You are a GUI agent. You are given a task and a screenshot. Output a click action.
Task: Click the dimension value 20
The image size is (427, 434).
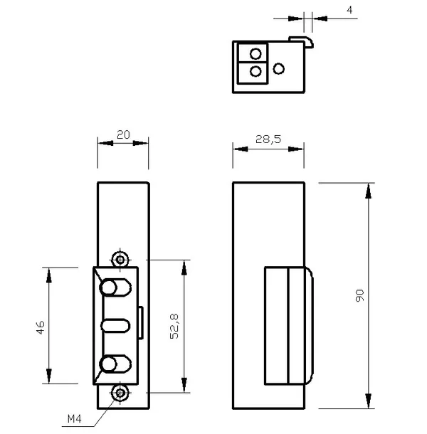pyautogui.click(x=123, y=134)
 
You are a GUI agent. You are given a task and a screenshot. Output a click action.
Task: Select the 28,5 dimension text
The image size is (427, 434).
pyautogui.click(x=268, y=139)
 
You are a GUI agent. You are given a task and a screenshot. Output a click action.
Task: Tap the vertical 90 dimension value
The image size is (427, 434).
pyautogui.click(x=359, y=295)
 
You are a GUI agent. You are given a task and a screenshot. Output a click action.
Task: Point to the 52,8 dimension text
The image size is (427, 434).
pyautogui.click(x=174, y=327)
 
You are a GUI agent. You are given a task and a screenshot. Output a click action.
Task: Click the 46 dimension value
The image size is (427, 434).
pyautogui.click(x=41, y=327)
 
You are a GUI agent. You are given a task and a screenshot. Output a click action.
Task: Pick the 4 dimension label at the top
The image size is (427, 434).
pyautogui.click(x=349, y=10)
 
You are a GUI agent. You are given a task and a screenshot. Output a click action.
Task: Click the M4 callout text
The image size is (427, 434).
pyautogui.click(x=75, y=419)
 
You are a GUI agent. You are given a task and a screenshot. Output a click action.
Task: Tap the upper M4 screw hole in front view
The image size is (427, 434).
pyautogui.click(x=120, y=260)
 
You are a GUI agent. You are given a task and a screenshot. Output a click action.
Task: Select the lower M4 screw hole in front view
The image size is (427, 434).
pyautogui.click(x=120, y=393)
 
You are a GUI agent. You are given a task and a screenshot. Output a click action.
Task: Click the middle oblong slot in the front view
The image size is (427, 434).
pyautogui.click(x=115, y=326)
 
